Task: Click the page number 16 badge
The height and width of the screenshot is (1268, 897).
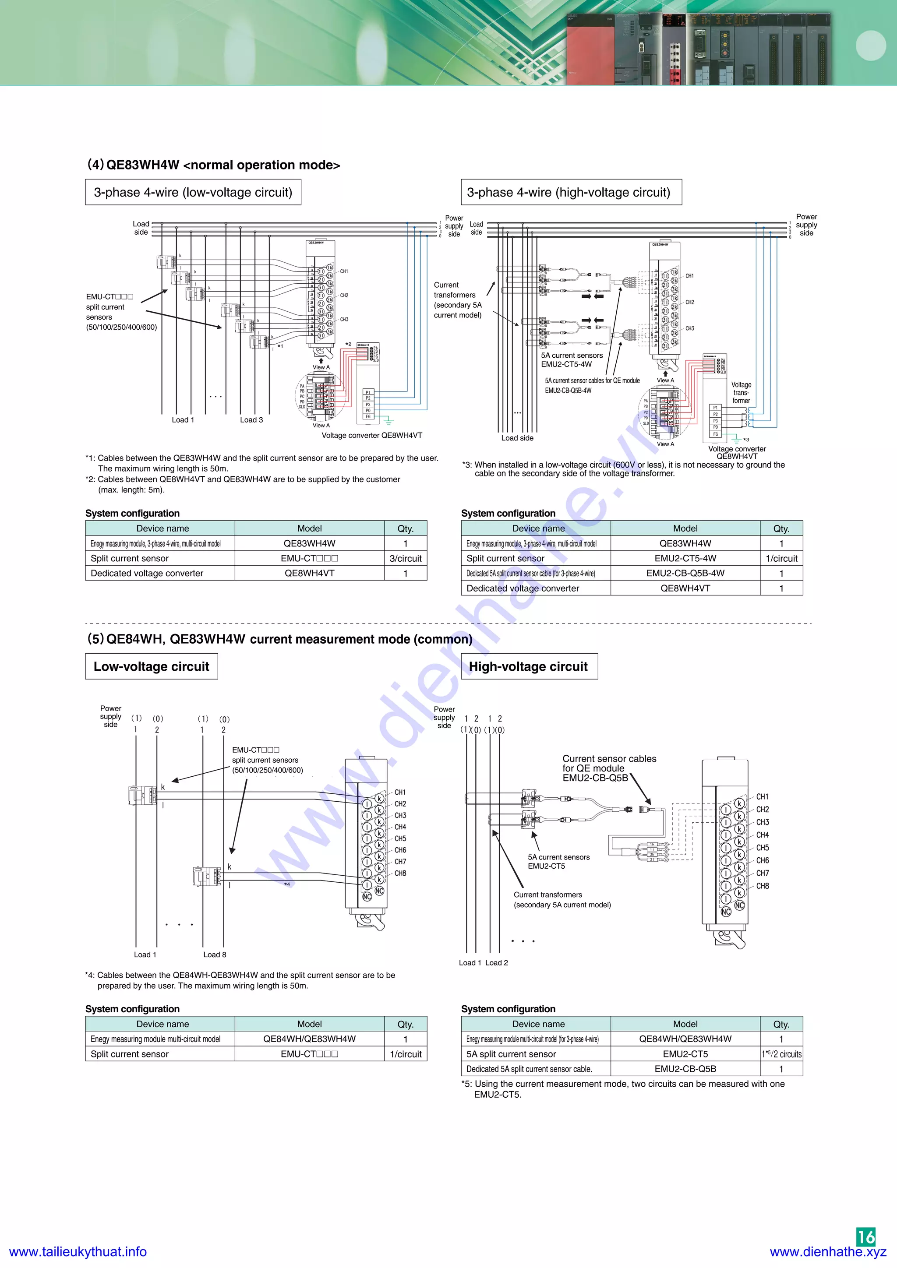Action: pyautogui.click(x=865, y=1236)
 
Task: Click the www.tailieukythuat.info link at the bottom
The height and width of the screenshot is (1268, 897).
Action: pyautogui.click(x=78, y=1251)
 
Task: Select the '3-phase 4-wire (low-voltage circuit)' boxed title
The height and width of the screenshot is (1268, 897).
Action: pyautogui.click(x=193, y=192)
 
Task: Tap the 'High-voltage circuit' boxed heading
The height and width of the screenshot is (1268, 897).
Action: pyautogui.click(x=529, y=666)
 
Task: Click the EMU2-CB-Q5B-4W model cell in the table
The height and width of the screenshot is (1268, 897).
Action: pyautogui.click(x=685, y=573)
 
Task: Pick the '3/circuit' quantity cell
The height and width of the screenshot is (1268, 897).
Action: pyautogui.click(x=406, y=558)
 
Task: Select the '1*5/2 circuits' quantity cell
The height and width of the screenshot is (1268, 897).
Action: pyautogui.click(x=781, y=1054)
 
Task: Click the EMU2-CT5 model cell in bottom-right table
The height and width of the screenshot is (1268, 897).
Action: pyautogui.click(x=685, y=1054)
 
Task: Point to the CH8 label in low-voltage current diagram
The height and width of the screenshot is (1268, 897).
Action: pyautogui.click(x=400, y=873)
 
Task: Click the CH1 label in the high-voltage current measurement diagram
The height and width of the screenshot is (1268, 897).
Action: pyautogui.click(x=762, y=796)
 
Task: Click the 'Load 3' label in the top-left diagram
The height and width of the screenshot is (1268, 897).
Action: pyautogui.click(x=251, y=420)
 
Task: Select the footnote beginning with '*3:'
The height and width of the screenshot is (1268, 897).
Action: pyautogui.click(x=623, y=469)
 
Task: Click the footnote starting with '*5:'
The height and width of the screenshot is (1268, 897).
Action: pyautogui.click(x=623, y=1088)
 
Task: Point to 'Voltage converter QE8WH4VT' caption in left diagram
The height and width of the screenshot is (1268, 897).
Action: pyautogui.click(x=372, y=435)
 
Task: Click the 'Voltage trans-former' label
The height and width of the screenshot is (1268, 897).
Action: pyautogui.click(x=741, y=393)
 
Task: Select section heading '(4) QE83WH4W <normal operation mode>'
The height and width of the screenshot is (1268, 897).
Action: pyautogui.click(x=213, y=165)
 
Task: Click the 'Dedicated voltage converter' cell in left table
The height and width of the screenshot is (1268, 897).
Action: pyautogui.click(x=147, y=573)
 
